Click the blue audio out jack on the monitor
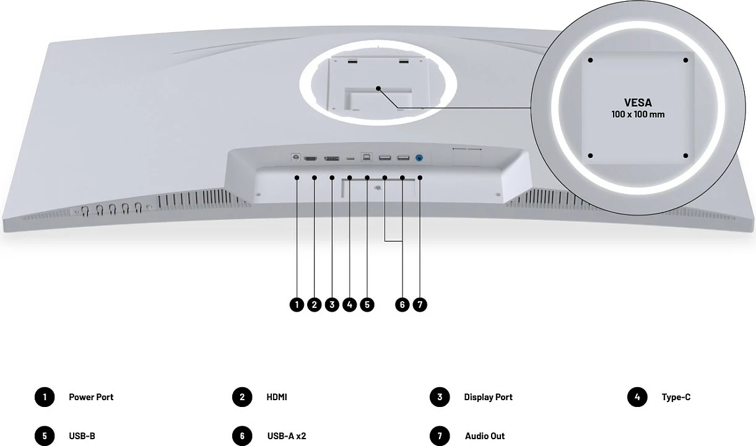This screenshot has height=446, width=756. [x=419, y=158]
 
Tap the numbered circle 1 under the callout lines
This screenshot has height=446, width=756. [x=297, y=305]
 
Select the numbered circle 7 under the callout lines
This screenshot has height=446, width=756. [x=420, y=305]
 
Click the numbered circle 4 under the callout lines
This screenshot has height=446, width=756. [x=350, y=305]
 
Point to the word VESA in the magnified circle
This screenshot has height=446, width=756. [x=638, y=102]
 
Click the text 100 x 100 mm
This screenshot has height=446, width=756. [x=638, y=115]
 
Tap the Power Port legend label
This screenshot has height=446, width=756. [x=91, y=397]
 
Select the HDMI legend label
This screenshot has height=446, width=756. [x=277, y=397]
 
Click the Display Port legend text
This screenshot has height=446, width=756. [x=488, y=397]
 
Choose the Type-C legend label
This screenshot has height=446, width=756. [x=676, y=397]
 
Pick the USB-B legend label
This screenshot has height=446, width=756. [x=82, y=436]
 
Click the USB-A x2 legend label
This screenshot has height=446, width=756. [x=287, y=436]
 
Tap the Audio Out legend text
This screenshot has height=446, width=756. [x=485, y=436]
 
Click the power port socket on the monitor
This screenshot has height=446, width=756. [x=296, y=157]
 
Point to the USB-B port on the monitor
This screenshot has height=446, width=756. [x=367, y=157]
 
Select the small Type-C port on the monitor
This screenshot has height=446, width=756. [x=350, y=158]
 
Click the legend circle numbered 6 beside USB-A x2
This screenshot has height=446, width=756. [x=242, y=436]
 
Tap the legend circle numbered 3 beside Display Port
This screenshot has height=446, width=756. [x=440, y=397]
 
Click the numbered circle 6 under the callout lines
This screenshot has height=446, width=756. [x=402, y=305]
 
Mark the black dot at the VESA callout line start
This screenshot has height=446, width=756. [x=378, y=89]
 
